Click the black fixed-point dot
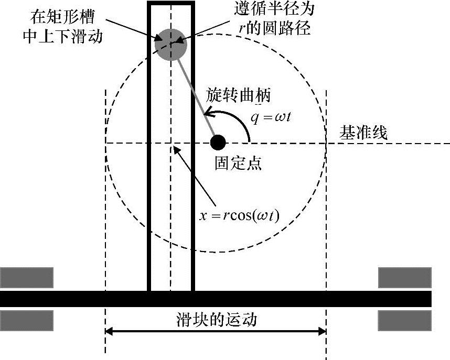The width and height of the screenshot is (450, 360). point(218,142)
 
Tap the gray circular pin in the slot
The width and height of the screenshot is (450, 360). point(170,43)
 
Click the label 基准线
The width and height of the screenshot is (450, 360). point(364,133)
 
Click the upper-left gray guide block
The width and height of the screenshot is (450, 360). point(27,278)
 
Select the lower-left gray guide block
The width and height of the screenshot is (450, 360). point(27,320)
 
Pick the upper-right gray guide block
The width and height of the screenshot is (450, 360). point(404,278)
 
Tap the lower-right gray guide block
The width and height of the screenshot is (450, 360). point(404,320)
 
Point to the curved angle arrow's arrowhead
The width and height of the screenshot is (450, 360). point(207,113)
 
